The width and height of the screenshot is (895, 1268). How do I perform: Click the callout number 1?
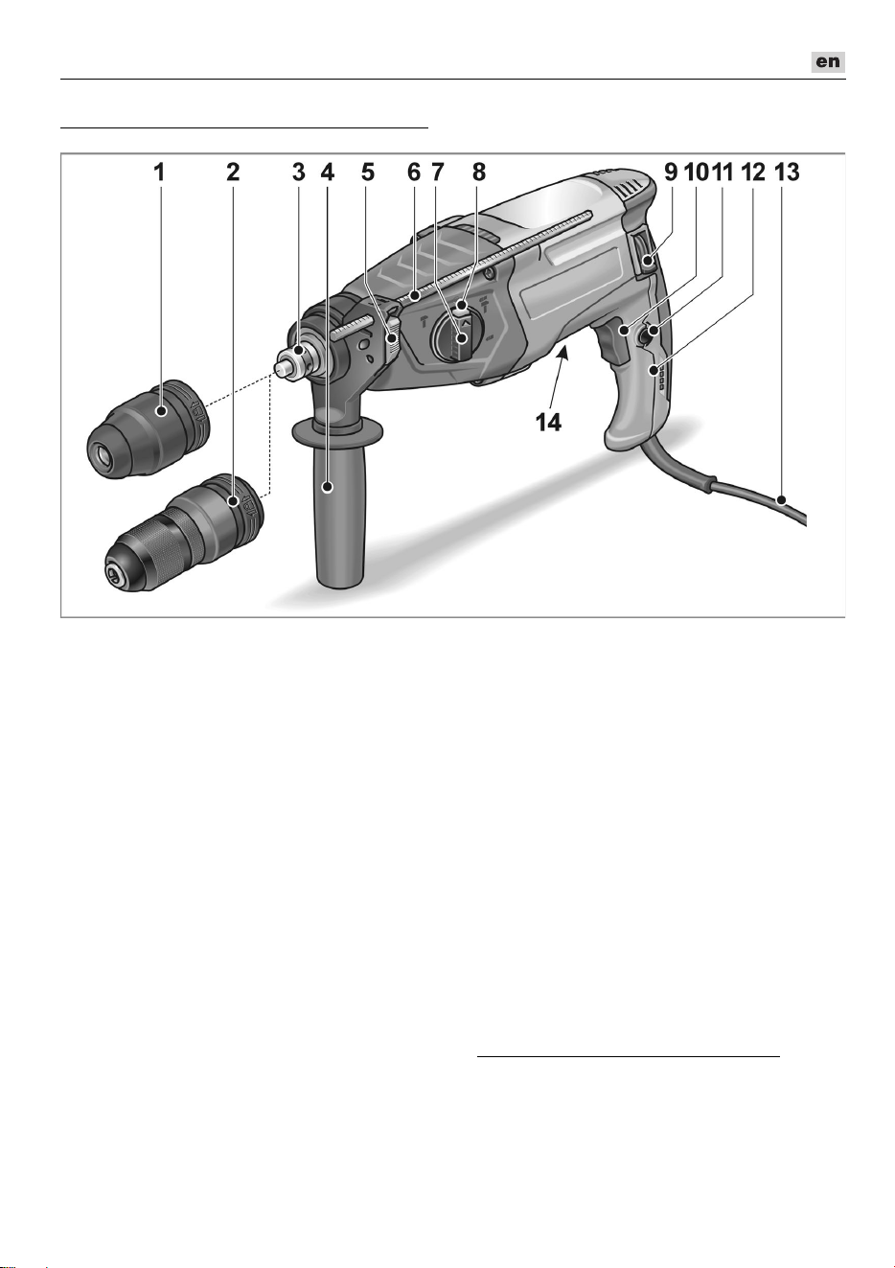(160, 173)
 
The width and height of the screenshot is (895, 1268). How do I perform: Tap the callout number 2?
(233, 173)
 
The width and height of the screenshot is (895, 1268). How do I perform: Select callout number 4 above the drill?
(327, 173)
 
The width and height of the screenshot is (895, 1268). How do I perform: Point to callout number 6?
(414, 173)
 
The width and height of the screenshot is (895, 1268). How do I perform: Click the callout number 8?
(479, 173)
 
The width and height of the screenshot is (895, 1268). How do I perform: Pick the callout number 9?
(671, 173)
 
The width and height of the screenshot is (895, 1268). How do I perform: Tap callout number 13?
(784, 173)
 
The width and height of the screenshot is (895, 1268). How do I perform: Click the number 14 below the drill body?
(548, 422)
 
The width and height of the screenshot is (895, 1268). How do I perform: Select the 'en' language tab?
(828, 61)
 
